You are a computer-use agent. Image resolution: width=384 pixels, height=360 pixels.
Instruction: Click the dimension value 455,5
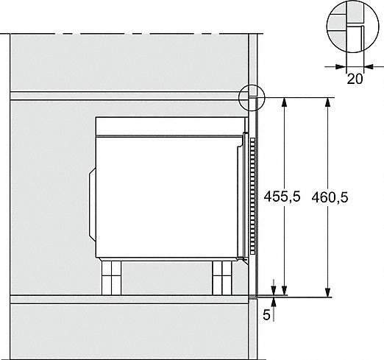(282, 197)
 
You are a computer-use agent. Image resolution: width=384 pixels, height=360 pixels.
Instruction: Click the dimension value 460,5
(330, 197)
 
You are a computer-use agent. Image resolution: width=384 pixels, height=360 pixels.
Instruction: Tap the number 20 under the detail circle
(355, 79)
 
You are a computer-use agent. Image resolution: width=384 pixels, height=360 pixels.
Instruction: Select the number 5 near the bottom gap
(266, 314)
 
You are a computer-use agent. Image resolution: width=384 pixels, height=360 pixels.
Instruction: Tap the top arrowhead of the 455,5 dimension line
(284, 102)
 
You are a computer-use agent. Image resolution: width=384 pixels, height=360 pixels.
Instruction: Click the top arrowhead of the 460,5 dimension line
(327, 102)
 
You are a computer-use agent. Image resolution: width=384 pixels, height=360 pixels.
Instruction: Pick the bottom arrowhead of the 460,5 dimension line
(327, 293)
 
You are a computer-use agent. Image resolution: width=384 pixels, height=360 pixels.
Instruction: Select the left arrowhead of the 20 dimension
(341, 66)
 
